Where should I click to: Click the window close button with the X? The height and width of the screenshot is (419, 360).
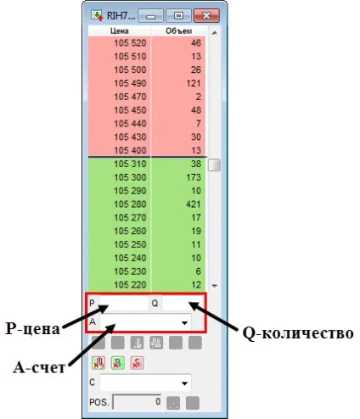click(x=206, y=15)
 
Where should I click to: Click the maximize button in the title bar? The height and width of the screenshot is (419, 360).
click(x=178, y=15)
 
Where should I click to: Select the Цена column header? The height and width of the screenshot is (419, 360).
click(x=120, y=31)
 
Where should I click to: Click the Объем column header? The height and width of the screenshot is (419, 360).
click(x=178, y=31)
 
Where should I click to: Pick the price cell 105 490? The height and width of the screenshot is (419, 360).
click(x=130, y=83)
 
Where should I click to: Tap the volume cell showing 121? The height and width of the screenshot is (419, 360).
click(x=194, y=83)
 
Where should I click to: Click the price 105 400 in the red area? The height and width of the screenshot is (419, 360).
click(x=130, y=150)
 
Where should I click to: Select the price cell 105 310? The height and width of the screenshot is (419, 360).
click(x=130, y=164)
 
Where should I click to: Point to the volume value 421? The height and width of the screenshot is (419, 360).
click(x=194, y=204)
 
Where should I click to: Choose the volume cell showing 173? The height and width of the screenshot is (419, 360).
click(x=194, y=177)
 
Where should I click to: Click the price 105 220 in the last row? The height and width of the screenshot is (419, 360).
click(x=130, y=285)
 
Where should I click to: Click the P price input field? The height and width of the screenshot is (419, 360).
click(x=124, y=304)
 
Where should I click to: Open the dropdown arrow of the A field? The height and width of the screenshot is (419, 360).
click(x=184, y=322)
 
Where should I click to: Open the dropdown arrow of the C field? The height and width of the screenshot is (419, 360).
click(x=184, y=383)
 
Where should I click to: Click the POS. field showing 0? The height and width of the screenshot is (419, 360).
click(x=137, y=402)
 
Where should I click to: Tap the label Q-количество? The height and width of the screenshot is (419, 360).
click(x=298, y=333)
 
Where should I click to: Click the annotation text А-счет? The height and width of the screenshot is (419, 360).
click(x=39, y=367)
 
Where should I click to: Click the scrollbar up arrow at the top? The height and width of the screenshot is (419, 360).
click(x=215, y=33)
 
